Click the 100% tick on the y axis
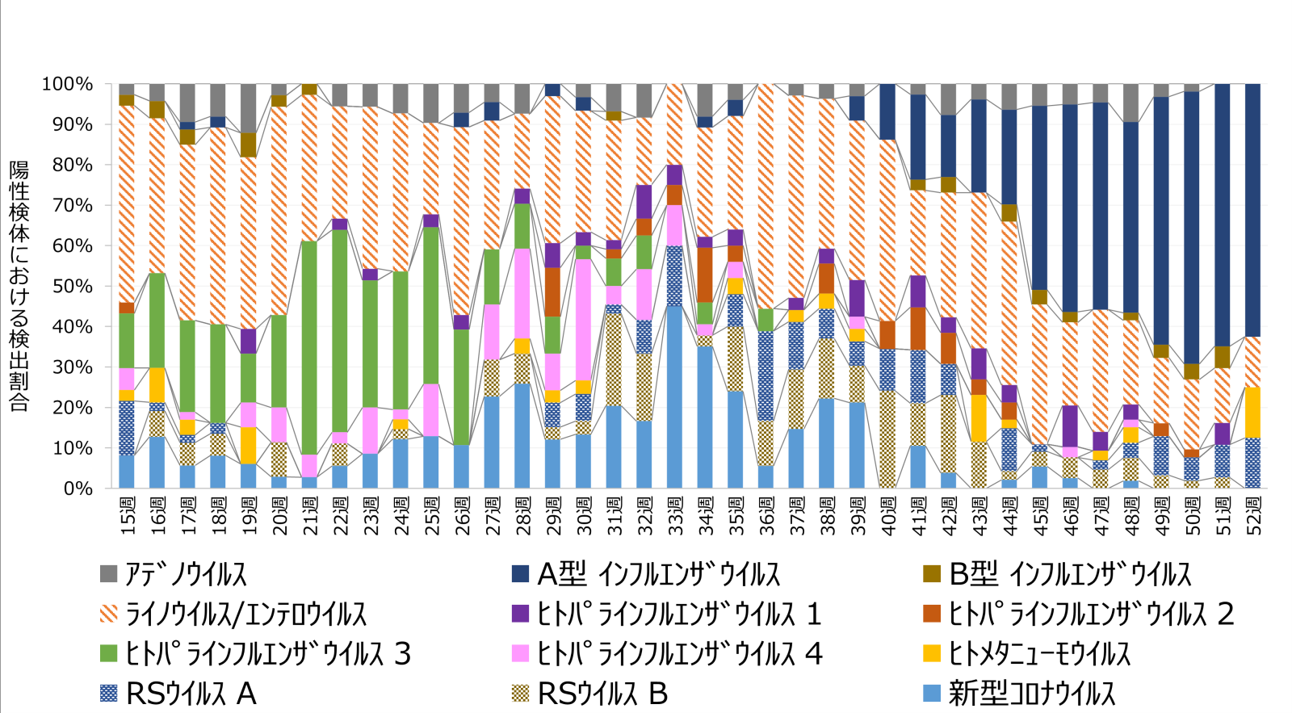coord(67,84)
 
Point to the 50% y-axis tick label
coord(71,287)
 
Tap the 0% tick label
coord(78,489)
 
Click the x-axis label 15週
coord(128,515)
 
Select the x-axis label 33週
coord(675,515)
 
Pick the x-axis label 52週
coord(1253,515)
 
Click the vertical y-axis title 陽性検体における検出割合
coord(19,287)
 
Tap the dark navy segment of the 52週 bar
coord(1253,210)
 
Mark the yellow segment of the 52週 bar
coord(1253,412)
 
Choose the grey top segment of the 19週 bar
coord(249,108)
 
